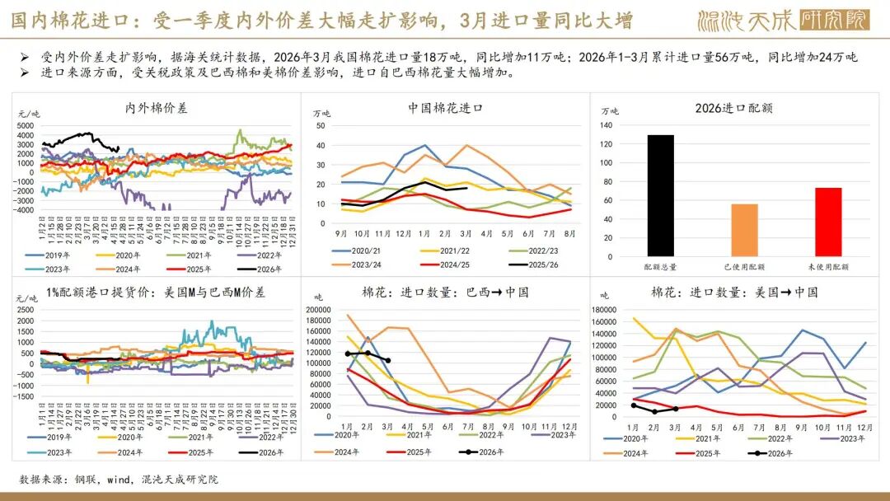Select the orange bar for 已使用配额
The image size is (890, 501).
[744, 230]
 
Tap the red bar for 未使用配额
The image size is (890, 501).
[828, 222]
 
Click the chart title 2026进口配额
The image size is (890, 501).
[733, 108]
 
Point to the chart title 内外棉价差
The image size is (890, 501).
[156, 108]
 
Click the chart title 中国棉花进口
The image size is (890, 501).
[445, 108]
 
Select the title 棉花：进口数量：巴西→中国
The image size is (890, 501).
[445, 293]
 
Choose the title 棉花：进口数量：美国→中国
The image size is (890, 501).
[734, 293]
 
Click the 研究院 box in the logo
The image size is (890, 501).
[834, 20]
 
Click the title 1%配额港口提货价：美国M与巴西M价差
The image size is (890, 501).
[156, 293]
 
